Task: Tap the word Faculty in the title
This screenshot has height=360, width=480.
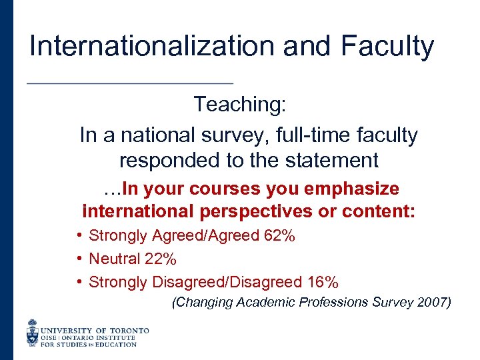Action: click(x=387, y=46)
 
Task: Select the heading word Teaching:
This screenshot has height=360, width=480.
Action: click(x=239, y=104)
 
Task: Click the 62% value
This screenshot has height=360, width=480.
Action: click(x=280, y=235)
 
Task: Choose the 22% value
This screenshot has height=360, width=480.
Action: click(x=161, y=259)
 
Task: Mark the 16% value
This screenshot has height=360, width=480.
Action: click(x=323, y=282)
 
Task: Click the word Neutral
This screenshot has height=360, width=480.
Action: click(x=115, y=259)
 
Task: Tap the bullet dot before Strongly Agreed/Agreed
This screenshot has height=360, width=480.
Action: click(x=79, y=235)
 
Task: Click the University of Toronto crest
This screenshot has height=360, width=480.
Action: click(x=33, y=332)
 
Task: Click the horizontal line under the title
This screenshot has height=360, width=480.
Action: click(x=129, y=83)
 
